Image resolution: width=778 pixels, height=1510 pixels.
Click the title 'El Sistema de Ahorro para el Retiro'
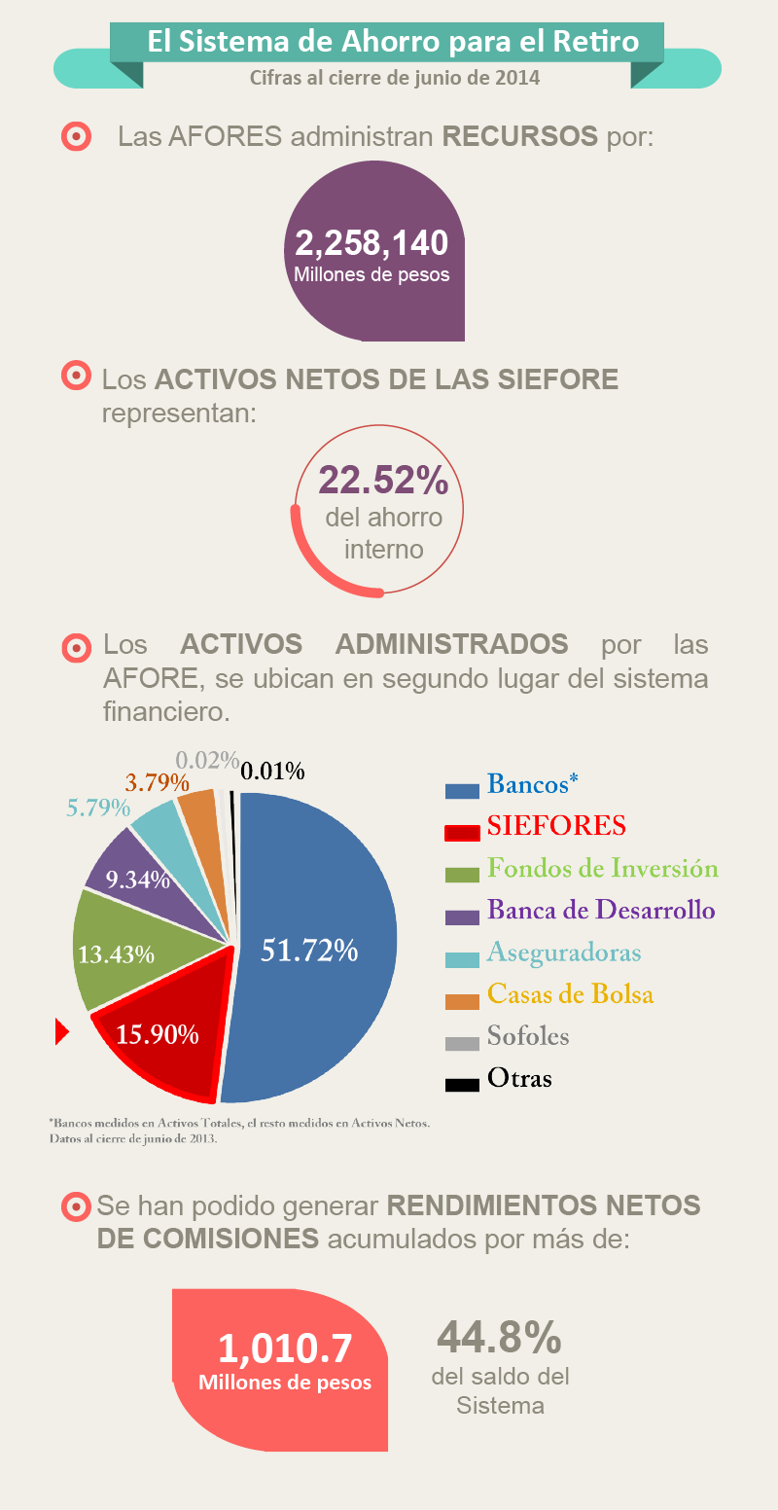coord(393,42)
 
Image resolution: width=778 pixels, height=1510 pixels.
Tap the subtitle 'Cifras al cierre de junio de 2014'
coord(394,77)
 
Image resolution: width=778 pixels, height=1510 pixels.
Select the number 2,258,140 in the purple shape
coord(371,243)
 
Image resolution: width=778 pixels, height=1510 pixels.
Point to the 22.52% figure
coord(383,480)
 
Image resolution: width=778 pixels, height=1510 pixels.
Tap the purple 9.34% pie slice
coord(131,871)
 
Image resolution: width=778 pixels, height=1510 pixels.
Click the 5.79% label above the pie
coord(98,808)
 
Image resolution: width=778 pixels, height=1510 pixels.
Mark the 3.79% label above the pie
coord(157,781)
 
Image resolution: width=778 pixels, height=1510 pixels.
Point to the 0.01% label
coord(273,772)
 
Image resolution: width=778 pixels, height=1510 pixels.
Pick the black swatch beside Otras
coord(462,1084)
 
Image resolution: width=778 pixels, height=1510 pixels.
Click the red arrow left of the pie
coord(62,1031)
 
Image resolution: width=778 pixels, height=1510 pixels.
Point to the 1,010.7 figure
coord(285,1348)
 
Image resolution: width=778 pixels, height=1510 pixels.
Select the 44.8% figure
coord(499,1338)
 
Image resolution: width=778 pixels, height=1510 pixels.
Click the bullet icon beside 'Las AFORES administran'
coord(76,136)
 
